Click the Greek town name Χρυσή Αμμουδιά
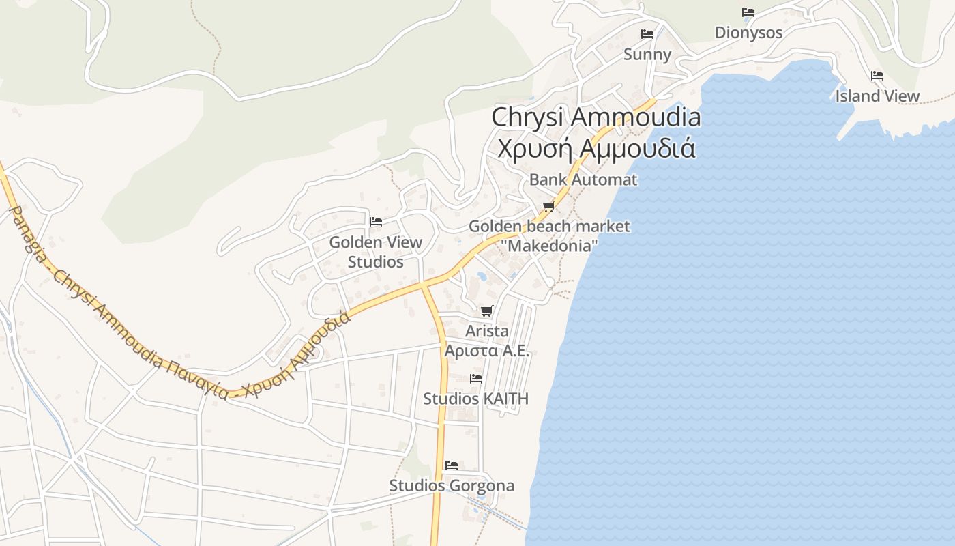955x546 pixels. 596,147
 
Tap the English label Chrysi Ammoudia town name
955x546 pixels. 596,117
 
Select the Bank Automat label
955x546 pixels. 583,179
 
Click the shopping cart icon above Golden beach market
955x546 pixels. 548,207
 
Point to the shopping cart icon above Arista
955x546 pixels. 486,311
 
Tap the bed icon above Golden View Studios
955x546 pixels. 375,222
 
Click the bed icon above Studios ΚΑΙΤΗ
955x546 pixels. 476,379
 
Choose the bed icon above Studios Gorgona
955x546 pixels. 452,465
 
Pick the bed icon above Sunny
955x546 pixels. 647,34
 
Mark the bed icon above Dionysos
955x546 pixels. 748,12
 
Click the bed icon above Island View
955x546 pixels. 877,76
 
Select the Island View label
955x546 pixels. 877,96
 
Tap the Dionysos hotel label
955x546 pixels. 748,33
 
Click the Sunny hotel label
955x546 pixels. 647,55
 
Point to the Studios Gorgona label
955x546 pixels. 452,486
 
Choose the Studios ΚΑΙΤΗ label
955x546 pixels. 476,399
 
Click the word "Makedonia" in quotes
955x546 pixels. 548,246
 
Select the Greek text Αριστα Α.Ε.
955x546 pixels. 486,351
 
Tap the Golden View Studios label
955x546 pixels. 375,252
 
